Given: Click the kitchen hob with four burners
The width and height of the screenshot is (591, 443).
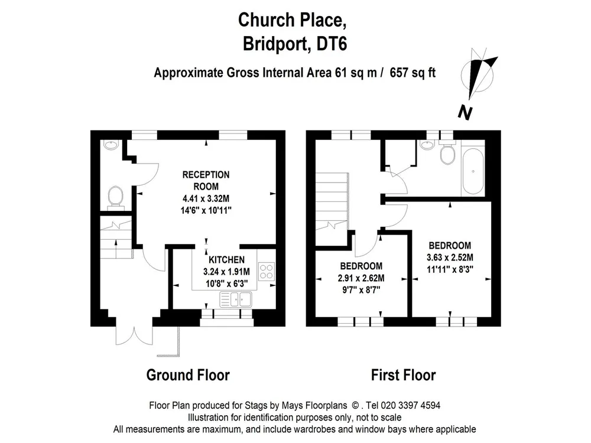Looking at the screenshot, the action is click(x=267, y=272).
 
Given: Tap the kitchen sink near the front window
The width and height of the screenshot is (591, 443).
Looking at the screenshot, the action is click(x=236, y=299).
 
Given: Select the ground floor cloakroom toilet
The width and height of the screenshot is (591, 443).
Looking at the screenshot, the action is click(x=115, y=198).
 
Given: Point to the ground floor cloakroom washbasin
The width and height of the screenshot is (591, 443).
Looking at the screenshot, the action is click(x=111, y=145).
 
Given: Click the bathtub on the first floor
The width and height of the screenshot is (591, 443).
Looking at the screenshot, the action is click(x=473, y=171).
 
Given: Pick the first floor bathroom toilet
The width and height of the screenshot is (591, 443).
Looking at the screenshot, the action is click(x=448, y=152).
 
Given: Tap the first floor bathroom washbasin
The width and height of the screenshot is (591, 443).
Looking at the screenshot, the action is click(x=427, y=145).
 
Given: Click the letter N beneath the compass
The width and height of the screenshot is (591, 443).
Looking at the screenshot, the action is click(x=466, y=113).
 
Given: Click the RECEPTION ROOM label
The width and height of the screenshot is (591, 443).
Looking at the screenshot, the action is click(x=206, y=180).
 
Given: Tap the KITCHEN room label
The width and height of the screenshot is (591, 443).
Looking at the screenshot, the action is click(x=226, y=259).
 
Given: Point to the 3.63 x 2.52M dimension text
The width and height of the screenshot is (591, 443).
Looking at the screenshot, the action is click(x=450, y=258).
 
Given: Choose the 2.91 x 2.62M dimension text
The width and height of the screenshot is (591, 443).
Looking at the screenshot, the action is click(x=361, y=278).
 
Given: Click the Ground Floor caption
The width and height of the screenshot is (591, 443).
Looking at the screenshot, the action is click(x=188, y=375).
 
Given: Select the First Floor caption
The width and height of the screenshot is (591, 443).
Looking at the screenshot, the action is click(x=403, y=375).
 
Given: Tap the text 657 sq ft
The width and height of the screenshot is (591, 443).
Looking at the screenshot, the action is click(x=413, y=72).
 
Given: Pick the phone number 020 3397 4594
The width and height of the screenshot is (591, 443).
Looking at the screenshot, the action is click(x=411, y=405).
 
